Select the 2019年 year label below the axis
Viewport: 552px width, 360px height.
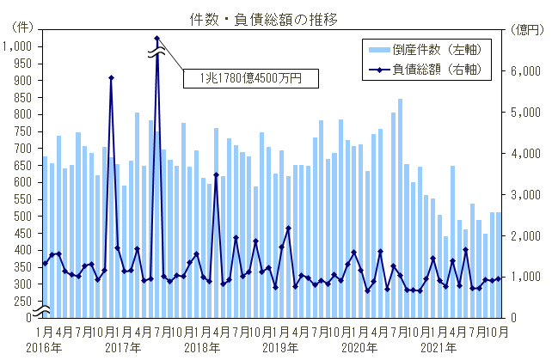[x=280, y=347]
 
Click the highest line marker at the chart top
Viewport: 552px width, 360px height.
[x=157, y=38]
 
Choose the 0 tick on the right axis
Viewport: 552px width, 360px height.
[x=513, y=318]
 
